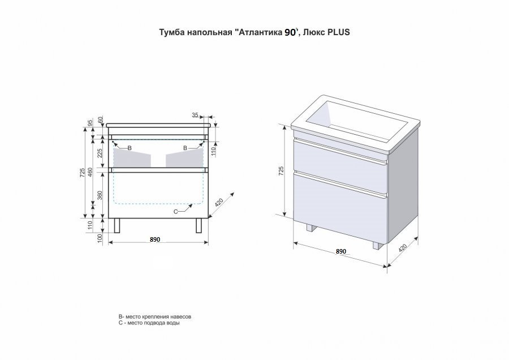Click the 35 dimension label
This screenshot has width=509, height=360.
196,115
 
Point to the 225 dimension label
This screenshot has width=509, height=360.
100,153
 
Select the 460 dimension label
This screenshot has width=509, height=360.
90,171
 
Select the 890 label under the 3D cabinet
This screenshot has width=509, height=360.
340,251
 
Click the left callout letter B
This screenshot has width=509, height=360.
130,148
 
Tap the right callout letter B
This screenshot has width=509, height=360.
185,148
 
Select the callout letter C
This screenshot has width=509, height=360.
175,211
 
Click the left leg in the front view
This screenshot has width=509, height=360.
118,225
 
